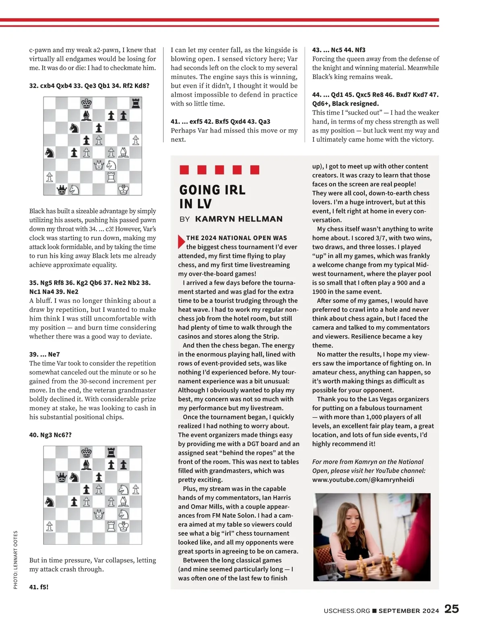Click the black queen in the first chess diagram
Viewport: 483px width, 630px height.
pyautogui.click(x=62, y=189)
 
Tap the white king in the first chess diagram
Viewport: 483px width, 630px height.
pyautogui.click(x=124, y=189)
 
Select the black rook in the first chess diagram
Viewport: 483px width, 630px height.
pyautogui.click(x=136, y=104)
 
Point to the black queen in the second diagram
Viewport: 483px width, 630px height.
pyautogui.click(x=62, y=477)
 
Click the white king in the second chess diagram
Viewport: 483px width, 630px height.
pyautogui.click(x=124, y=526)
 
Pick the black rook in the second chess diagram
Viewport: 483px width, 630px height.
pyautogui.click(x=111, y=452)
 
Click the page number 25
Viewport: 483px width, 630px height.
pyautogui.click(x=452, y=609)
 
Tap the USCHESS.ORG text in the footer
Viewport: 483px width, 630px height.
pyautogui.click(x=347, y=611)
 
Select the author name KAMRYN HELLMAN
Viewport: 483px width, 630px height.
pyautogui.click(x=239, y=219)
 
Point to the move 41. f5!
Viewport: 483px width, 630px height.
pyautogui.click(x=39, y=587)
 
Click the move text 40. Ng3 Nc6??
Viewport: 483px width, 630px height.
pyautogui.click(x=50, y=435)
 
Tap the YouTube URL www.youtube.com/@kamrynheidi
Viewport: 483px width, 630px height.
pyautogui.click(x=363, y=480)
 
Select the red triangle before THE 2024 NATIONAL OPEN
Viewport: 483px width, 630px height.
pyautogui.click(x=181, y=241)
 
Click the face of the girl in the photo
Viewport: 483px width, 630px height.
pyautogui.click(x=353, y=517)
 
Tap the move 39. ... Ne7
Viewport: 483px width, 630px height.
pyautogui.click(x=44, y=354)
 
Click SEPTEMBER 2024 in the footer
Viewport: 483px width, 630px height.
pyautogui.click(x=409, y=611)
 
